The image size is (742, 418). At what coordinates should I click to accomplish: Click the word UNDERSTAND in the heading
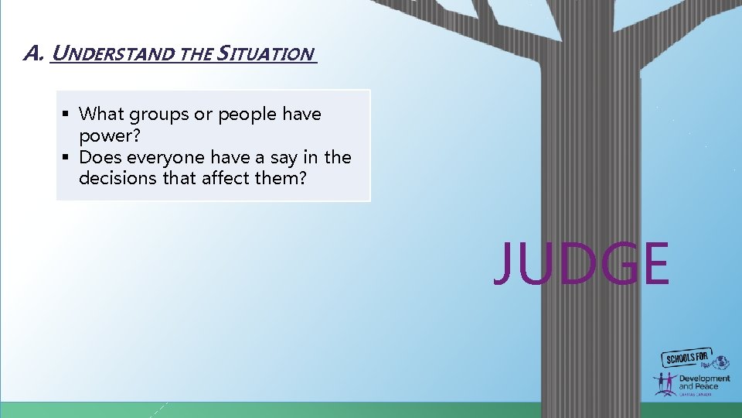coord(114,54)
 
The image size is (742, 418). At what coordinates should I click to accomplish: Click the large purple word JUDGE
coord(580,264)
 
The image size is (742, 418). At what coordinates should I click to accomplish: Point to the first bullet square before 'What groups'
coord(67,115)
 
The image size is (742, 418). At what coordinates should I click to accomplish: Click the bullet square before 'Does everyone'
coord(67,158)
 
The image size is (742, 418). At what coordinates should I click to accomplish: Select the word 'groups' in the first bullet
coord(160,115)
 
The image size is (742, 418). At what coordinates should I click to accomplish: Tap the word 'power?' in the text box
coord(104,135)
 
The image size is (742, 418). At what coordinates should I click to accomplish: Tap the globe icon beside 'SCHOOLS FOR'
coord(720,361)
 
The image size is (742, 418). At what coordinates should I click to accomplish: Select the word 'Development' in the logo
coord(703,379)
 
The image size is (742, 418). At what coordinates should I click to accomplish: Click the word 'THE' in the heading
coord(197,54)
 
